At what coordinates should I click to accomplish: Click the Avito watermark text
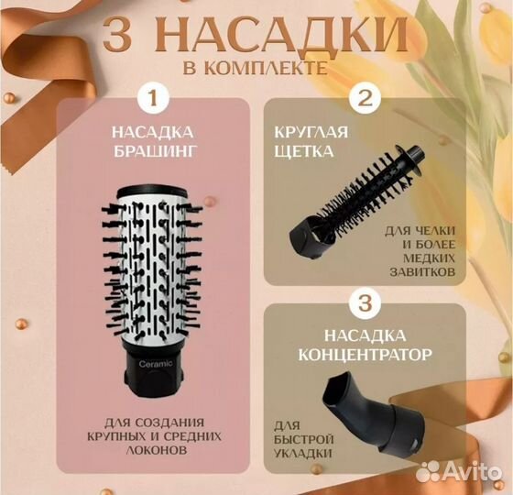pos(464,472)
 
